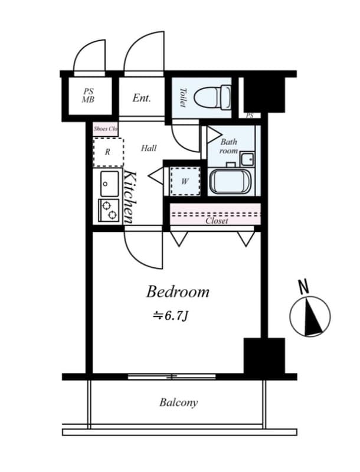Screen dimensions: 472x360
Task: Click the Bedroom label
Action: tap(178, 291)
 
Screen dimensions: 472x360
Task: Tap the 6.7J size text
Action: tap(171, 316)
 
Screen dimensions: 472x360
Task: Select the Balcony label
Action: tap(178, 403)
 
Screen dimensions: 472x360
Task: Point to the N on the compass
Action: tap(304, 287)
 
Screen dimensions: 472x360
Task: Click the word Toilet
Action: tap(182, 97)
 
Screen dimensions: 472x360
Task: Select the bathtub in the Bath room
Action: tap(231, 181)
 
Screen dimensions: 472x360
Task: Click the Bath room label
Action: tap(228, 146)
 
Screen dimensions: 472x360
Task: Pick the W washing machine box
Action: tap(185, 181)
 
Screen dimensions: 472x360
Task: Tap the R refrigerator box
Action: tap(108, 152)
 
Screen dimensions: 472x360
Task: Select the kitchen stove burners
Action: tap(109, 210)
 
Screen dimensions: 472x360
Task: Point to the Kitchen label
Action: tap(130, 196)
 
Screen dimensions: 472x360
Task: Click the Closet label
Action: tap(217, 221)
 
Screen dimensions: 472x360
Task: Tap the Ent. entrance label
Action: tap(142, 98)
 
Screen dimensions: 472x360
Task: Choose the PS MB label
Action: tap(88, 96)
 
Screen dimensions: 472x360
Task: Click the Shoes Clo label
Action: tap(106, 128)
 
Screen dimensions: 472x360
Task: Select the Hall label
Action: tap(149, 148)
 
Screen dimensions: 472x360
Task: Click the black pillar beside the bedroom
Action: tap(264, 355)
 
